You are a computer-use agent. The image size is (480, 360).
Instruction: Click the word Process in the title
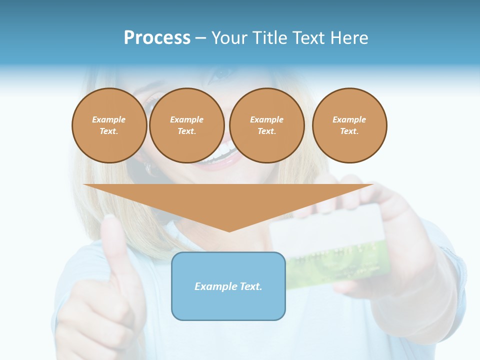coord(157,38)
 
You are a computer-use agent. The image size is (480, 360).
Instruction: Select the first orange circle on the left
coord(109,125)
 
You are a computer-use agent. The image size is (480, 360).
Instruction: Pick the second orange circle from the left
coord(186,125)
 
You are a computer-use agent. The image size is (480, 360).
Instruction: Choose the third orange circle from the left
coord(266,125)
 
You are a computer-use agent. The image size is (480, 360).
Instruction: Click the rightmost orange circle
coord(349,125)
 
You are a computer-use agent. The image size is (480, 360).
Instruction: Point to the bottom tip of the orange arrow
coord(229,230)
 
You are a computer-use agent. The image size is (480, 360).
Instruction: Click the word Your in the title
coord(228,38)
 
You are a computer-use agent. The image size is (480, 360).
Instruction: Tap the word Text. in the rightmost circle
coord(349,131)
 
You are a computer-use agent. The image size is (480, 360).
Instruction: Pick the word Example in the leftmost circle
coord(109,119)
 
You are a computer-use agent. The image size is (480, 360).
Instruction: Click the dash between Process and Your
coord(200,38)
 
